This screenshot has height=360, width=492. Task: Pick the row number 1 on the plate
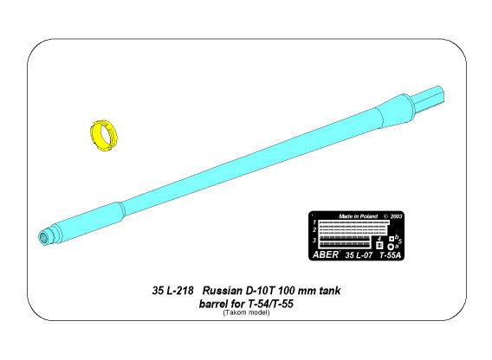314,222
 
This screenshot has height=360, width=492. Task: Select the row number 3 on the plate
314,240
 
